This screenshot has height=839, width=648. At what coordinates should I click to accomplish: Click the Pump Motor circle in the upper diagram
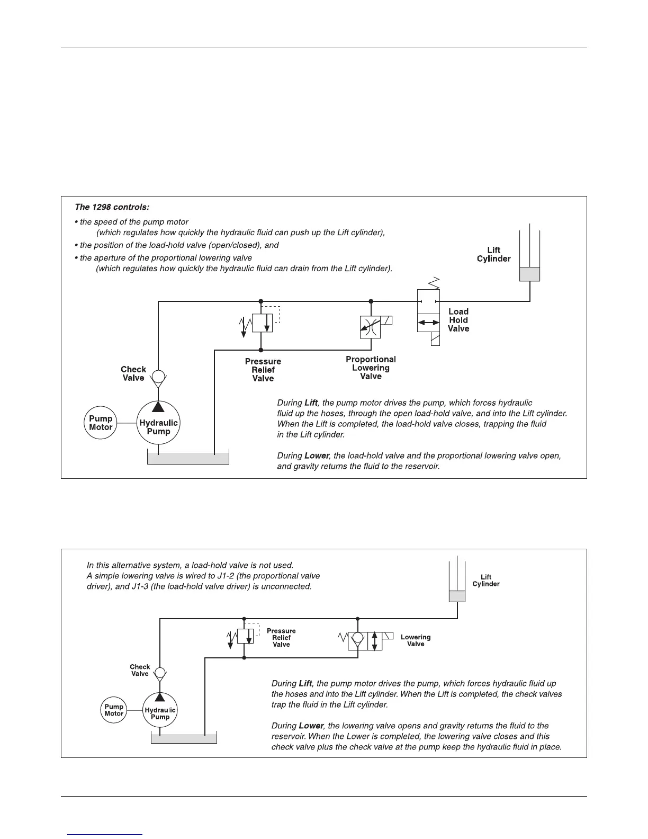pos(101,423)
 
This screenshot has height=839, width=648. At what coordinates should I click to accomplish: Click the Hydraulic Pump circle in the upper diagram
pos(158,423)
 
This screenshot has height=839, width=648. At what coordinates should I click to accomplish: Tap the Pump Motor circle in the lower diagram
pos(114,710)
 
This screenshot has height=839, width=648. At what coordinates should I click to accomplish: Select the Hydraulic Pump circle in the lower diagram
pos(160,710)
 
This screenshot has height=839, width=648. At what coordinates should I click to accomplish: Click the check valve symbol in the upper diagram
pos(158,377)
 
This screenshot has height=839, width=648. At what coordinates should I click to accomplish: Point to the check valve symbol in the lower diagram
pos(160,673)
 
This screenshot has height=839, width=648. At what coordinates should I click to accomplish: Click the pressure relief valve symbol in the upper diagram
pos(262,323)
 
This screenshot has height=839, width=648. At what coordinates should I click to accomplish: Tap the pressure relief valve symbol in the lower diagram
pos(245,636)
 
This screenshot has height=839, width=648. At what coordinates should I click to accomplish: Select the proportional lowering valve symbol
pos(370,327)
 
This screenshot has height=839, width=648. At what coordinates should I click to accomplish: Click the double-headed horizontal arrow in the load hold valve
pos(428,323)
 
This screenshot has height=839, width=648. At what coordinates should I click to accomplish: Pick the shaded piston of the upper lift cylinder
pos(529,274)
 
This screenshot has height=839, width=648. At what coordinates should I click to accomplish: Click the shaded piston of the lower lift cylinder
pos(457,596)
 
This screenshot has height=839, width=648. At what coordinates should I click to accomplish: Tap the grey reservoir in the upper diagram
pos(188,458)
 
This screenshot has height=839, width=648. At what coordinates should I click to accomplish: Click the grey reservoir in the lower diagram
pos(184,738)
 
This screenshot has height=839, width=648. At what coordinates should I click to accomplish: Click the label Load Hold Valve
pos(458,320)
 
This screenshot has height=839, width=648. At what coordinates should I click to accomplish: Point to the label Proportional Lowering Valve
pos(371,368)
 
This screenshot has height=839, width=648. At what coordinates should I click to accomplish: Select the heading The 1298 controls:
pos(112,207)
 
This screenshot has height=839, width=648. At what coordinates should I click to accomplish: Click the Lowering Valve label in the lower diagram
pos(416,640)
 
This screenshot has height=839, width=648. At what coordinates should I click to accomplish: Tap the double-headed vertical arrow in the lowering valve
pos(375,640)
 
